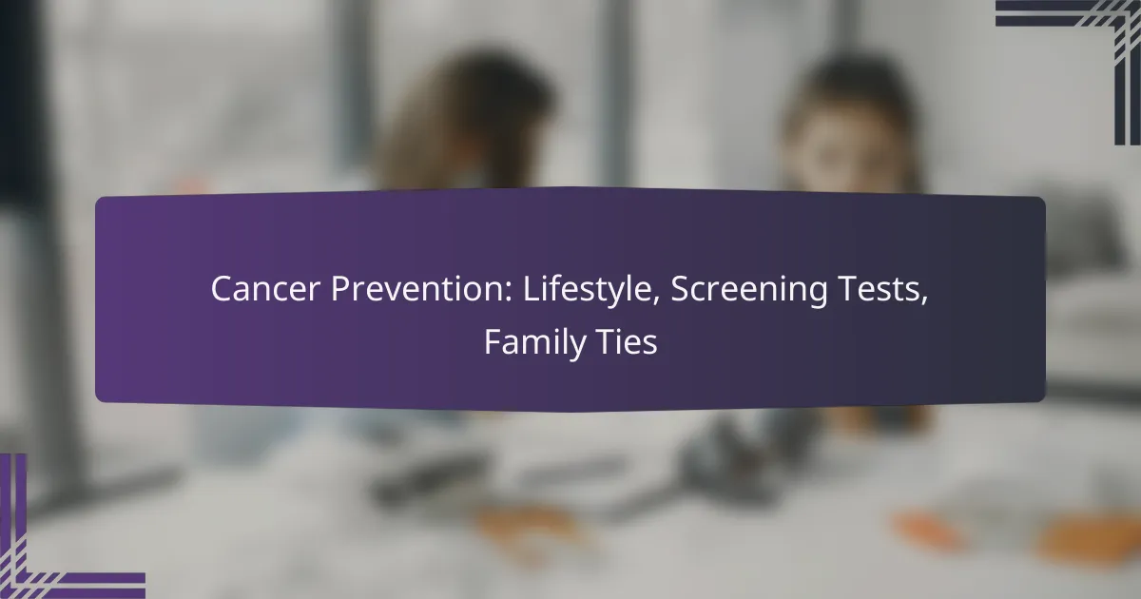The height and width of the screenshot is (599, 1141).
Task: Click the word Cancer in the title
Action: tap(265, 289)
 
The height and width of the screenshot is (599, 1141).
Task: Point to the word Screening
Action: tap(748, 291)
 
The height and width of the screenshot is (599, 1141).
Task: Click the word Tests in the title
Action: tap(882, 289)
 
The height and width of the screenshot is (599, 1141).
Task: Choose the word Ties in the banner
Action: tap(627, 341)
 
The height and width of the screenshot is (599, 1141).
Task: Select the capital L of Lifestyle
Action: tap(532, 289)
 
